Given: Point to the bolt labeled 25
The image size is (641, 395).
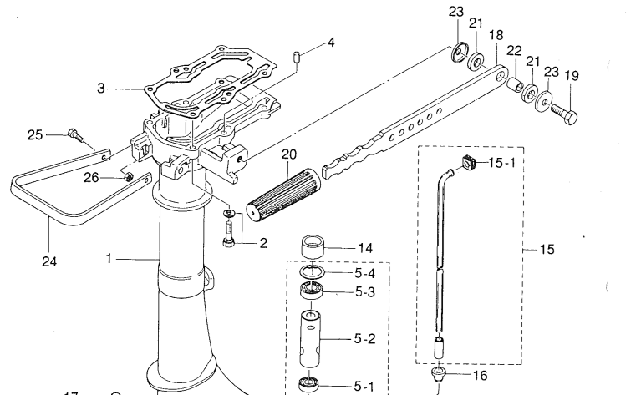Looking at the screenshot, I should (75, 133).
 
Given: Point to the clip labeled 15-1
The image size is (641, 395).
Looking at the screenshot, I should (468, 161).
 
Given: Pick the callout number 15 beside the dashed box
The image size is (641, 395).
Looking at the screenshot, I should (547, 249).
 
